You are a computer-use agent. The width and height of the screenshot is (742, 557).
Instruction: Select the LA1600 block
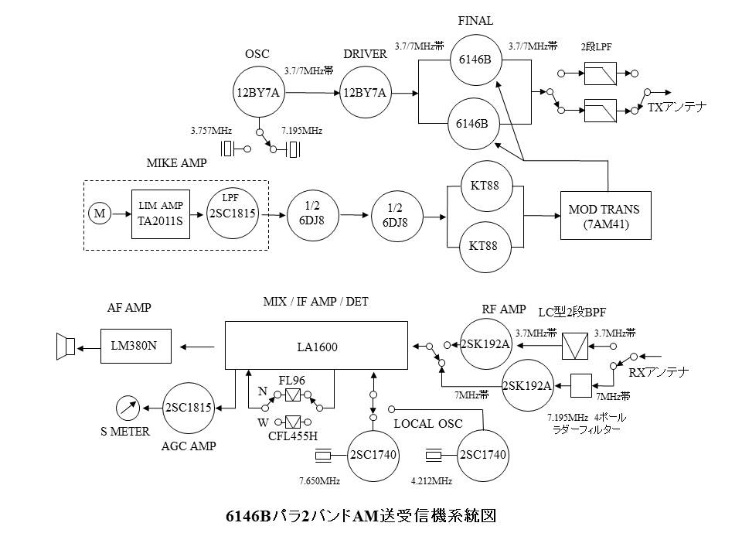click(315, 346)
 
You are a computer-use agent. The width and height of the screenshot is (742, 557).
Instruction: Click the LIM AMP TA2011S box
click(161, 214)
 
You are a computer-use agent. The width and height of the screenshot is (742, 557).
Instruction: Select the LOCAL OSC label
click(420, 424)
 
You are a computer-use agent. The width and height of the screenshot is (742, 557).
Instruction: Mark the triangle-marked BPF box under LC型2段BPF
click(574, 344)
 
